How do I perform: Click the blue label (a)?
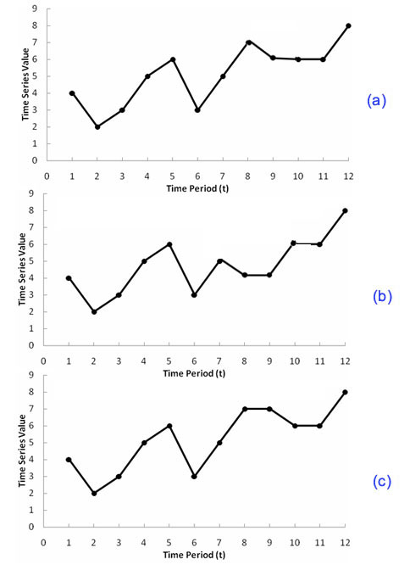tap(376, 101)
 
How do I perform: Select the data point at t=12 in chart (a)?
tap(348, 25)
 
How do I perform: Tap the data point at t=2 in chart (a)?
tap(97, 126)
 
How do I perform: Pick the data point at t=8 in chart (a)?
tap(248, 42)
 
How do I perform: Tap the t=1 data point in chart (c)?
tap(69, 460)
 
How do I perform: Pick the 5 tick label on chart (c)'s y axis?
tap(33, 443)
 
